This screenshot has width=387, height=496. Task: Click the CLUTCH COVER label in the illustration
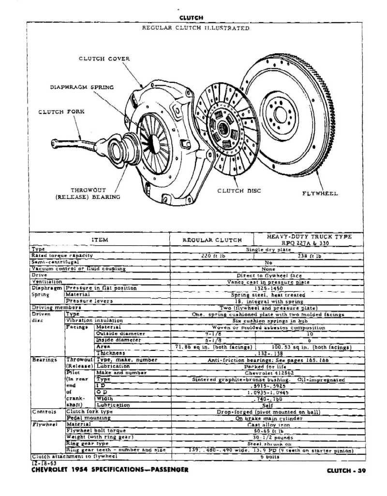click(104, 59)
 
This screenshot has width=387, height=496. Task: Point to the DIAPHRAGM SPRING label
click(82, 88)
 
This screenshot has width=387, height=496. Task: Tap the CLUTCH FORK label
click(61, 112)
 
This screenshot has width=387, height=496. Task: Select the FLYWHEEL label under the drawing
click(320, 194)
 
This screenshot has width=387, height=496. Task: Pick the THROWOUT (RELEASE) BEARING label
click(88, 194)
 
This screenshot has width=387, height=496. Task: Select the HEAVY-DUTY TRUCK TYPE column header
click(309, 240)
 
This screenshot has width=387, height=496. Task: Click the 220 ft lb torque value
click(211, 256)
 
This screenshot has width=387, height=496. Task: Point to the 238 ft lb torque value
click(309, 256)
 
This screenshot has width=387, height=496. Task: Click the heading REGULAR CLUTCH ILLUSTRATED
click(195, 28)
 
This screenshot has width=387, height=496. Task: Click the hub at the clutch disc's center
click(223, 128)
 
